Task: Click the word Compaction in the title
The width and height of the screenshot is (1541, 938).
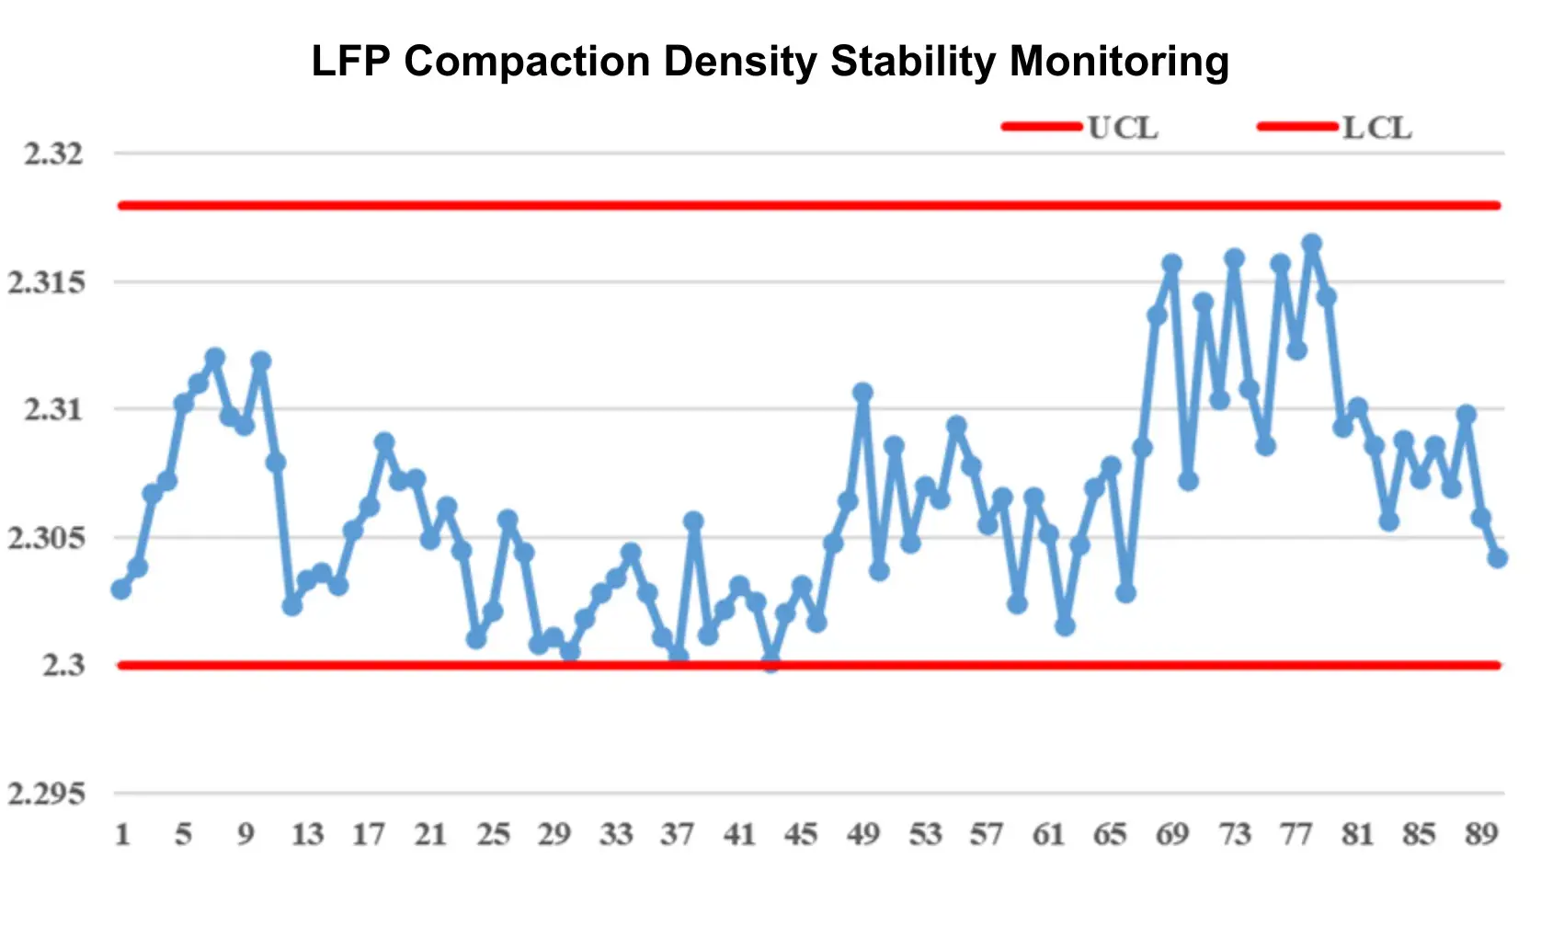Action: tap(527, 62)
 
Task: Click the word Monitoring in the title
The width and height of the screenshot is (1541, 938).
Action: tap(1119, 62)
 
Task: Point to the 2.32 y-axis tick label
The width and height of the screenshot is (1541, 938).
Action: tap(53, 154)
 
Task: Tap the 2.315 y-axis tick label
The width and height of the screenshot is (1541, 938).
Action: tap(46, 282)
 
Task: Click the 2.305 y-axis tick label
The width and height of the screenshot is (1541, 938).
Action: tap(46, 538)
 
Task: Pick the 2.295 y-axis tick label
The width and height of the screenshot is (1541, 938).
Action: tap(46, 794)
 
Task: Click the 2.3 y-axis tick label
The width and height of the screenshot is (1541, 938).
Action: tap(63, 665)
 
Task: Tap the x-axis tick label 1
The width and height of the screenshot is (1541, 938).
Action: tap(122, 834)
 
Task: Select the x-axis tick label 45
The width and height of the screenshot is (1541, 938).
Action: tap(801, 834)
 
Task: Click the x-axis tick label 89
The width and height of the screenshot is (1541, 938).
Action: tap(1481, 834)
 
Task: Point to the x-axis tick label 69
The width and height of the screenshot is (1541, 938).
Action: tap(1172, 834)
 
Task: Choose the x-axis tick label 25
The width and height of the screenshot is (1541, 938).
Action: tap(493, 834)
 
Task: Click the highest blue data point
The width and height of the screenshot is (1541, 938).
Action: tap(1312, 244)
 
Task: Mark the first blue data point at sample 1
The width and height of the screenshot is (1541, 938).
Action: tap(121, 589)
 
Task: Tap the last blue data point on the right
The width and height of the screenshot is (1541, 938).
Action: tap(1497, 558)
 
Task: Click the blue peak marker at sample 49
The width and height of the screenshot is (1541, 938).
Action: tap(862, 393)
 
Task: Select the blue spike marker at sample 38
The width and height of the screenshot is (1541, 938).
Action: tap(693, 521)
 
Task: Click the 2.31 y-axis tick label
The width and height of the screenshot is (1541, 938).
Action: tap(53, 409)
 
